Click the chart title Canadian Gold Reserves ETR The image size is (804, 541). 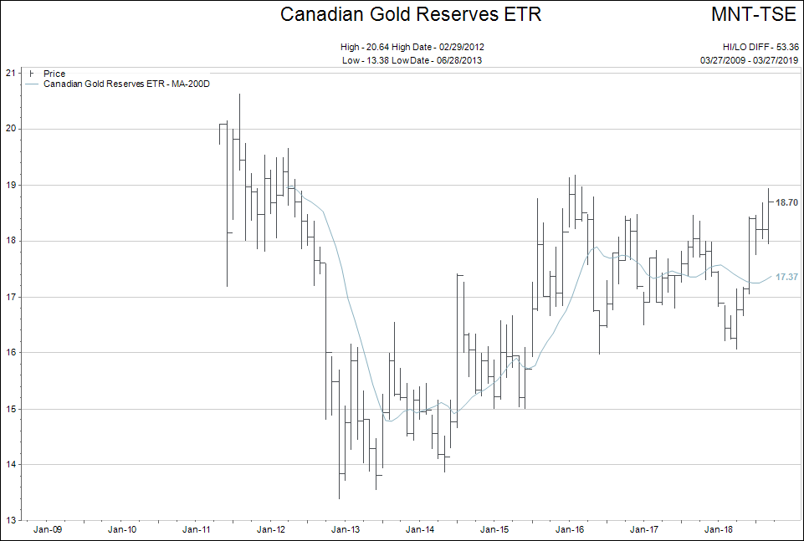(x=410, y=14)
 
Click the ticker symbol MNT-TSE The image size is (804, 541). (x=754, y=14)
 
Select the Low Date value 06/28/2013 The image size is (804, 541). (x=458, y=60)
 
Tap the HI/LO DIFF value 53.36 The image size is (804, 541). (x=786, y=47)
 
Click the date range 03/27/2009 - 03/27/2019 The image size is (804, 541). (x=749, y=60)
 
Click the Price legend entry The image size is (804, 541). (x=54, y=74)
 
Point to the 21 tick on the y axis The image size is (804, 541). (x=11, y=73)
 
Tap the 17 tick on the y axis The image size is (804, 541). (x=11, y=297)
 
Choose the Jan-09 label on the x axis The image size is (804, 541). (x=48, y=529)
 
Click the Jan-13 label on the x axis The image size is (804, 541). (x=346, y=529)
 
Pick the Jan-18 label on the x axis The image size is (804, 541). (x=718, y=529)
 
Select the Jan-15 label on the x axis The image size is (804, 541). (x=494, y=529)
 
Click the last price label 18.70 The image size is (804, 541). (x=786, y=202)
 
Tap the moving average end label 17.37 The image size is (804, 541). (x=786, y=277)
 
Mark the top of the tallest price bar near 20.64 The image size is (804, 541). (x=240, y=94)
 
